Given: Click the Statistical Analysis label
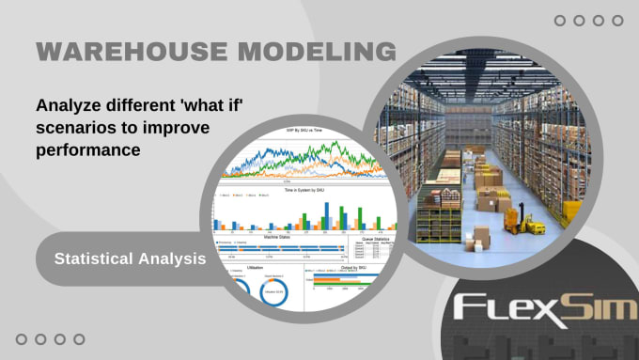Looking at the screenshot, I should tap(130, 256).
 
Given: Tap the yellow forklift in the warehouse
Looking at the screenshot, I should tap(518, 222).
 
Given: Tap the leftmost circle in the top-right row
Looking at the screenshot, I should tap(560, 20).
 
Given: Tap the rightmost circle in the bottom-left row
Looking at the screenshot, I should tap(79, 339).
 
